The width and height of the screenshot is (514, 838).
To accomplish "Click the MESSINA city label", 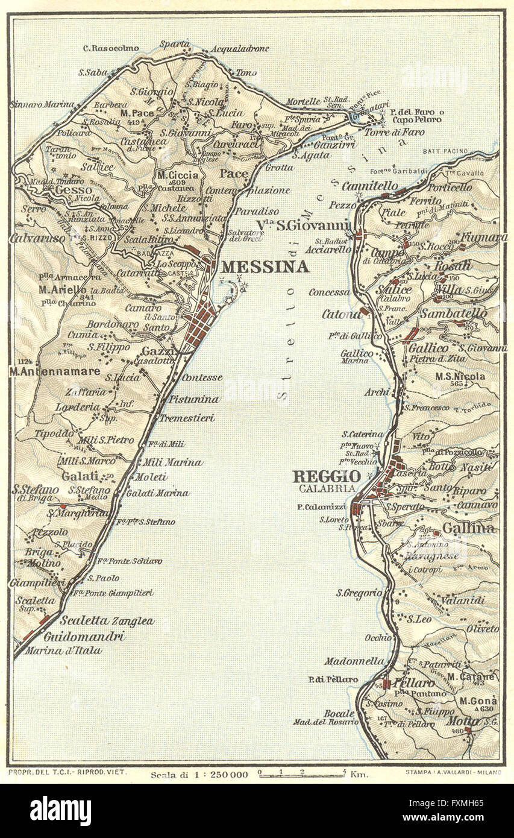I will point(265,267).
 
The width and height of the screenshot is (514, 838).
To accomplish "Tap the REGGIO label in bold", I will point(327,476).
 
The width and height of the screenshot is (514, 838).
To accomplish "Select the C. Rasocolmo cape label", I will point(111,48).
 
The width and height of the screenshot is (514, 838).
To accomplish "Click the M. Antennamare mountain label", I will point(54,372).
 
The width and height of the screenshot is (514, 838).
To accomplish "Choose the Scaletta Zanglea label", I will point(107,621).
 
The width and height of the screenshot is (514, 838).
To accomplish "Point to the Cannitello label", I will point(370,185).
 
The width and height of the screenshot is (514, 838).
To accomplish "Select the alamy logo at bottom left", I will point(61,811).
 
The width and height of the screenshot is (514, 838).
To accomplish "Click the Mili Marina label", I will point(171,462).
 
